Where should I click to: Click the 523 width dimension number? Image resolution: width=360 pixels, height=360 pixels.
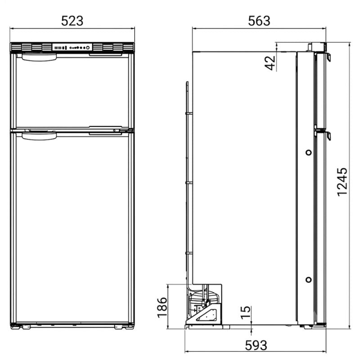tap(72, 21)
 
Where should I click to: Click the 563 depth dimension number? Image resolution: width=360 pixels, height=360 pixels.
tap(259, 21)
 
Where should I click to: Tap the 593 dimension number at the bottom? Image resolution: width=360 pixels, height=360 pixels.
tap(256, 345)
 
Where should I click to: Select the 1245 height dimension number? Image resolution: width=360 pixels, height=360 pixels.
tap(342, 182)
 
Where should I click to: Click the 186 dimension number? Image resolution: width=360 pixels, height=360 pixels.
tap(162, 307)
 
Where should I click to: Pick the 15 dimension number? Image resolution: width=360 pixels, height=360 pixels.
tap(246, 312)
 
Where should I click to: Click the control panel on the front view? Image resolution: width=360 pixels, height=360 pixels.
tap(72, 48)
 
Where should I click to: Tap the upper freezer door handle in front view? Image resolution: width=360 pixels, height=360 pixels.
tap(39, 58)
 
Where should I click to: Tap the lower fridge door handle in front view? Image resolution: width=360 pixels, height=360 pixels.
tap(39, 136)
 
